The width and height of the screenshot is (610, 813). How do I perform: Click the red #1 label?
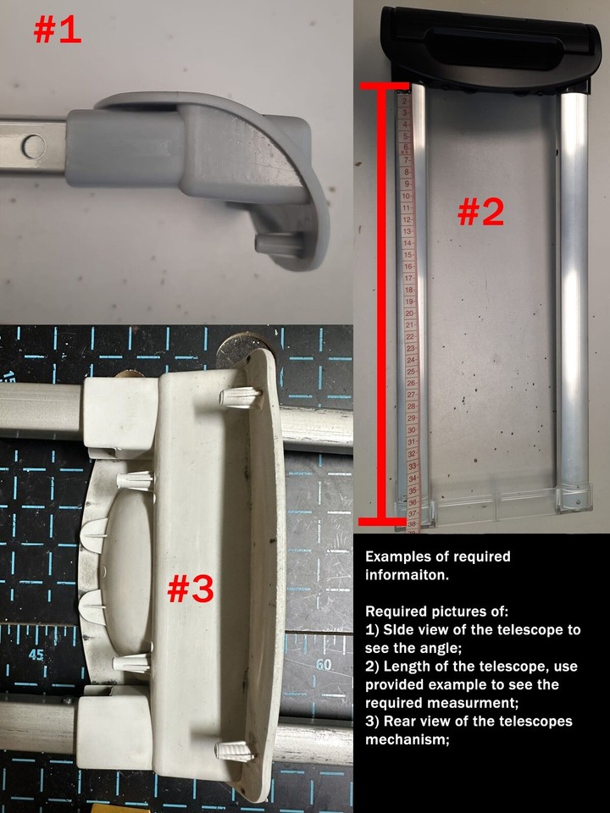(58, 30)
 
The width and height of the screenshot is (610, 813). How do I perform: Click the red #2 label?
(480, 212)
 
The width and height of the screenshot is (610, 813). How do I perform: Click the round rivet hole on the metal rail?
(34, 146)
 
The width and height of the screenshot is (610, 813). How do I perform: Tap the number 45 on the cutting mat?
(36, 654)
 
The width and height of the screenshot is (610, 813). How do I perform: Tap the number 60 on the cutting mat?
(322, 664)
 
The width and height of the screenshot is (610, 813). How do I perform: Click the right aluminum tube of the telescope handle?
(573, 296)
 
